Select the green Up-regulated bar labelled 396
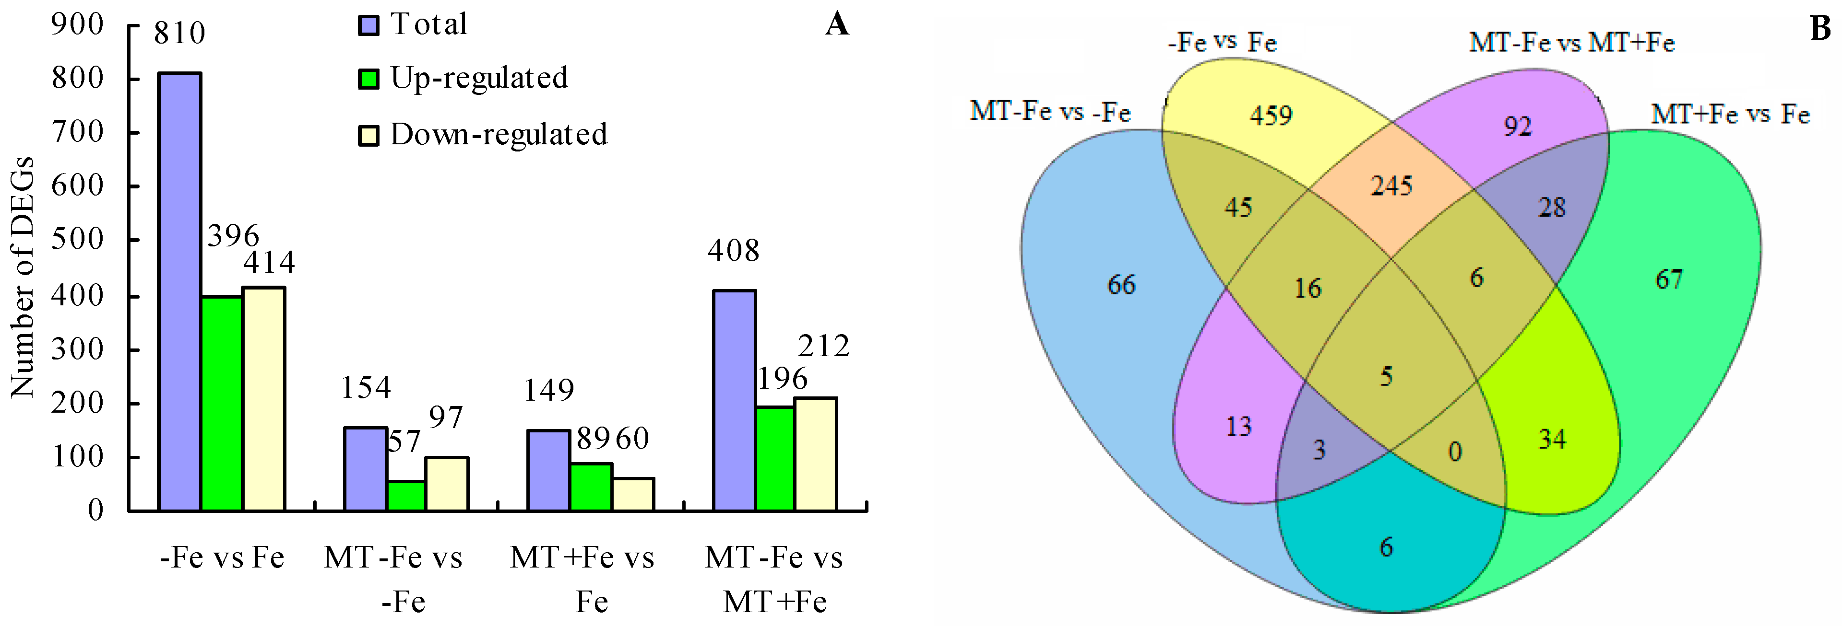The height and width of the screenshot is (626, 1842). [222, 403]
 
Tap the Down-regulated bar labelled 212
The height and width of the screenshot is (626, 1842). [815, 454]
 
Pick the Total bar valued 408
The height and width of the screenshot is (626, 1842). [735, 400]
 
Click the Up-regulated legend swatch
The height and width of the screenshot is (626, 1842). [368, 79]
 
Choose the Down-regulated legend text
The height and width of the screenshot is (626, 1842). [499, 134]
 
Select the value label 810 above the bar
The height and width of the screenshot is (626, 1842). [179, 33]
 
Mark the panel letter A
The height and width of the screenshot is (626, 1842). [837, 24]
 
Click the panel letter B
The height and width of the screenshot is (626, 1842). [1820, 29]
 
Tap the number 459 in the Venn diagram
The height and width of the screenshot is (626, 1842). [1271, 115]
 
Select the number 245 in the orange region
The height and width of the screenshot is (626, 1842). [1391, 186]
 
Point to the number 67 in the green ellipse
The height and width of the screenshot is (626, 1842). [1669, 278]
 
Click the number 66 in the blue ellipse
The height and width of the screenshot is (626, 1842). [1121, 284]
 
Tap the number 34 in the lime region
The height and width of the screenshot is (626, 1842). [1552, 439]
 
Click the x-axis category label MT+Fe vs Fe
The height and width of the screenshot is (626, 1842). [582, 579]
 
